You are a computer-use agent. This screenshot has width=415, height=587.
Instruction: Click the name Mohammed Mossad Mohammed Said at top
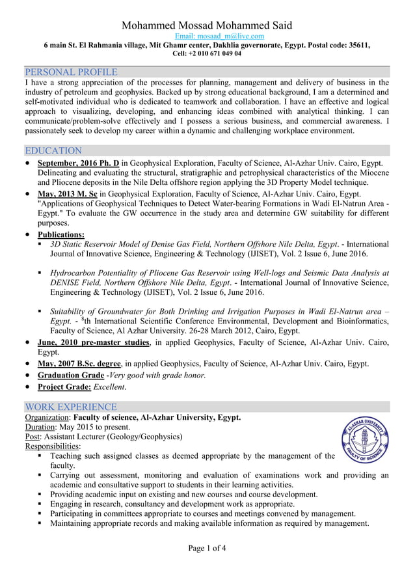click(207, 25)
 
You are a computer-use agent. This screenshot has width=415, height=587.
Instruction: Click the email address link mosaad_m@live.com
click(221, 36)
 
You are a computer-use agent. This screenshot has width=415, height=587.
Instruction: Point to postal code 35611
click(357, 45)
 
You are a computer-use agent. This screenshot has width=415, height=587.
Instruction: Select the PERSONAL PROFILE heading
click(70, 72)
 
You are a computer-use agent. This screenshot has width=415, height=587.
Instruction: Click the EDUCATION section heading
click(53, 150)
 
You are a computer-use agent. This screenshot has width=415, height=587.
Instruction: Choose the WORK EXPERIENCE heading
click(70, 407)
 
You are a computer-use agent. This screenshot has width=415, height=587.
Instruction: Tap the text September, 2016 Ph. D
click(78, 163)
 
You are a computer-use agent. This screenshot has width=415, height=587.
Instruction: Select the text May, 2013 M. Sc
click(68, 194)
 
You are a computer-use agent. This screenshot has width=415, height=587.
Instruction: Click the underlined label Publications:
click(61, 234)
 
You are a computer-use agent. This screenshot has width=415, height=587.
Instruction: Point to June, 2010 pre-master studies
click(94, 342)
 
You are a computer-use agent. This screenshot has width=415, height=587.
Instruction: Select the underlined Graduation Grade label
click(70, 375)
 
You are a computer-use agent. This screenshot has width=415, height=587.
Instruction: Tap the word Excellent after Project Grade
click(109, 387)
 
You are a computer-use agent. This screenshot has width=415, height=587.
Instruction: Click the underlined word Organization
click(47, 417)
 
